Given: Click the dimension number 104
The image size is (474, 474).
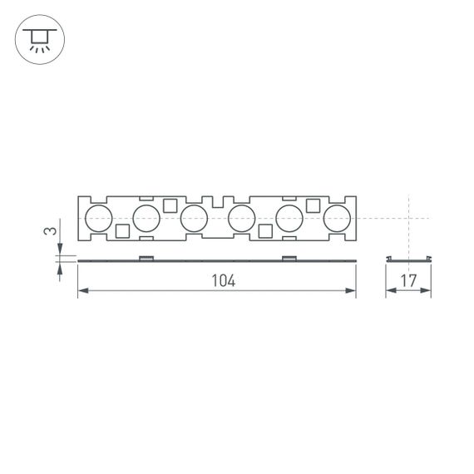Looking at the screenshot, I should coord(223,280).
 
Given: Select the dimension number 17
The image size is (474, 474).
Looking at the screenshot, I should coord(407,280).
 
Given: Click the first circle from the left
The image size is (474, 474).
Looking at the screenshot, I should coord(98,220).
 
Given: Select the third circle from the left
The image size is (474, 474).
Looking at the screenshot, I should coord(194,220).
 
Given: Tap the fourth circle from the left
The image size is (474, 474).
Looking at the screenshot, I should coord(241,220).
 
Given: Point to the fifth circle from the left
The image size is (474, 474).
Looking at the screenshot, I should coord(289,220).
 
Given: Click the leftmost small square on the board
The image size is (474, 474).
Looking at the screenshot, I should coord(122,231).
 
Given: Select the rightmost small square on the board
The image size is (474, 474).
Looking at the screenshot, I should coord(314,206).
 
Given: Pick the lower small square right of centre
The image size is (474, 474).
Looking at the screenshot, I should coord(266,231).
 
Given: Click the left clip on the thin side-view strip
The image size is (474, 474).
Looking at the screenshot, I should coord(146,258).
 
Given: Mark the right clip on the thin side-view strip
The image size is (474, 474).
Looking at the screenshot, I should coord(289,258).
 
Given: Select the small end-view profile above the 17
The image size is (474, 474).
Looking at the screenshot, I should coord(408,259).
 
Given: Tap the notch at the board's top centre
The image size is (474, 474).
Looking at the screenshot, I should coord(218,202).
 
